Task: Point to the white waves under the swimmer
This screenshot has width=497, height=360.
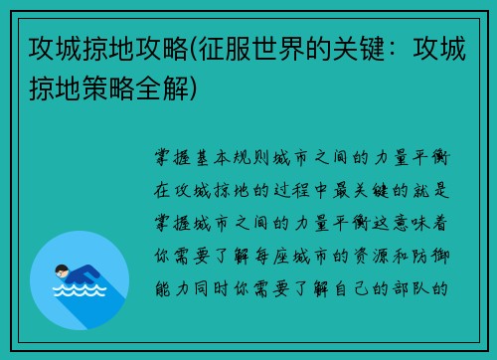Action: pyautogui.click(x=80, y=291)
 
